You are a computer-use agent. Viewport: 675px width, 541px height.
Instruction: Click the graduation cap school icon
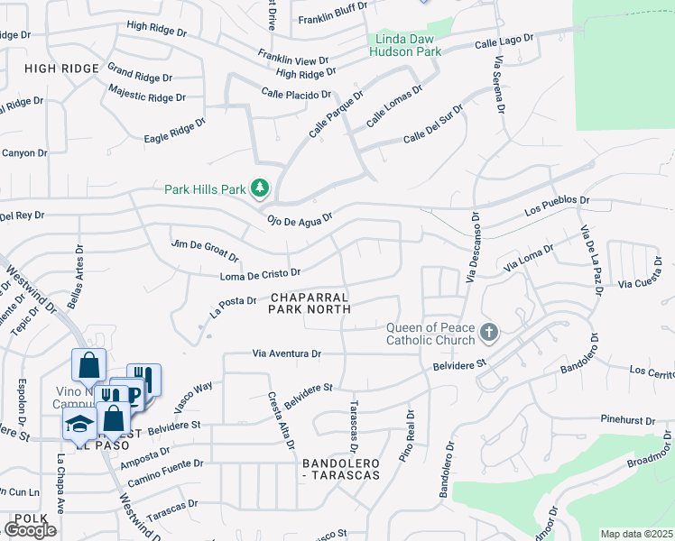tap(79, 425)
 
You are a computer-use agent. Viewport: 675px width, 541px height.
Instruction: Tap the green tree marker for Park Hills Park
tap(261, 188)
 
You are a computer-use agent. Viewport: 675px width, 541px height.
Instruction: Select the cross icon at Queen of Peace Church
tap(488, 333)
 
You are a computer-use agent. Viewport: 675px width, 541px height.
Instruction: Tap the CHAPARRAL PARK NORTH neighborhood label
tap(310, 303)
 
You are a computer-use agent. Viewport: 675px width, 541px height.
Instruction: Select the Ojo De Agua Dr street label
tap(300, 218)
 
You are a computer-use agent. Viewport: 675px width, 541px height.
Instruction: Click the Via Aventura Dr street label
tap(287, 354)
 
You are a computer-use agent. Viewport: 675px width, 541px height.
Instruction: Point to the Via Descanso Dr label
tap(471, 247)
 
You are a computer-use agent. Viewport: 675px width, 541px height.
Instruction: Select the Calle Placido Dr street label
tap(297, 93)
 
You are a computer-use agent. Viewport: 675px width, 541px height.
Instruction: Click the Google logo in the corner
tap(30, 529)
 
